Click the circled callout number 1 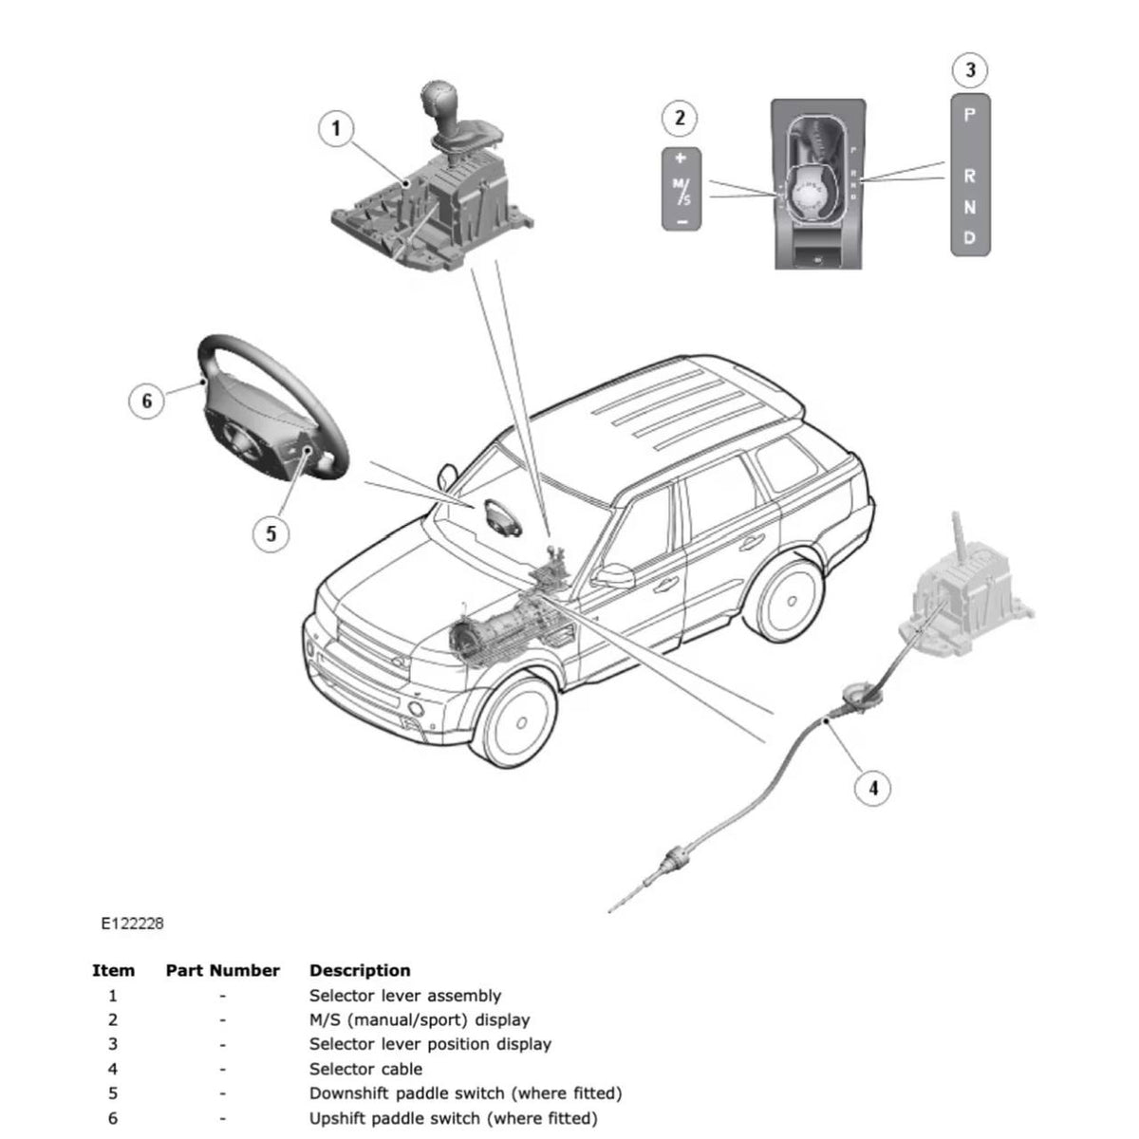point(336,128)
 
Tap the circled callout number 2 point(679,119)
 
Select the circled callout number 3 point(969,69)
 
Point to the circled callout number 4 point(873,787)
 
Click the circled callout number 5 point(271,533)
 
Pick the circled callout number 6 point(146,401)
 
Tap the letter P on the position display point(969,115)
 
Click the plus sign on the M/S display point(680,159)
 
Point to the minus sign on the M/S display point(680,220)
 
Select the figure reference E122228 point(133,923)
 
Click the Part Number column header point(222,970)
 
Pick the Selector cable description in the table point(365,1069)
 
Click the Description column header point(360,970)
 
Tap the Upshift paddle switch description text point(453,1118)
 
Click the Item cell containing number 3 point(113,1044)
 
